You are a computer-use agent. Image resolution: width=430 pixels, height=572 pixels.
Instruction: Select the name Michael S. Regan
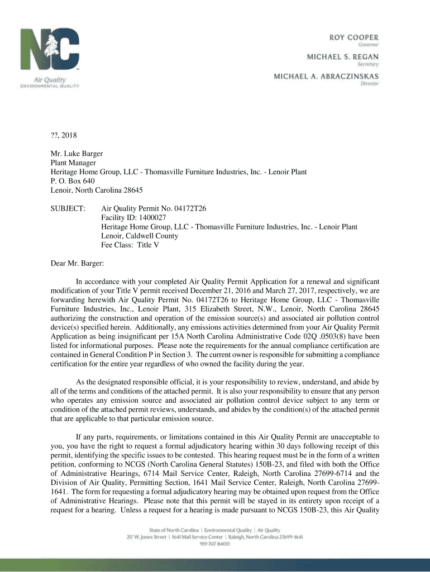coord(342,57)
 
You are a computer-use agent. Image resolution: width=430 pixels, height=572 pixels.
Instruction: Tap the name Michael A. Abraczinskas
coord(326,76)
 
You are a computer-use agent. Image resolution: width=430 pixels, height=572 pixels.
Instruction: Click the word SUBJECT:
coord(68,208)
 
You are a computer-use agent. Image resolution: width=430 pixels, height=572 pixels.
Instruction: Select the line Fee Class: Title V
coord(130,245)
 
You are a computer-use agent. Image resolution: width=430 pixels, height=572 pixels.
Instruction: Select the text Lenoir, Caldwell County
coord(140,236)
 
